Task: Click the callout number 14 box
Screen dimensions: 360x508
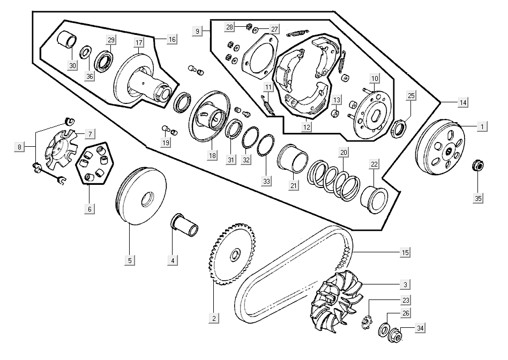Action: (462, 102)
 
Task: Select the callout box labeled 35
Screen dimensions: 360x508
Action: (478, 198)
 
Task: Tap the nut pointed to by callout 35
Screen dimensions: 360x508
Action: (475, 166)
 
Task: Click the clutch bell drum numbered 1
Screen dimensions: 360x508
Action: (440, 147)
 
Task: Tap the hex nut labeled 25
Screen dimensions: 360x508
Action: (398, 129)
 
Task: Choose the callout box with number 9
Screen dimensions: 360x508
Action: (198, 32)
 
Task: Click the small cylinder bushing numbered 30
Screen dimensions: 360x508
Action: (68, 41)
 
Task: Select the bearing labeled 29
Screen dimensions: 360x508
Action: (104, 60)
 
